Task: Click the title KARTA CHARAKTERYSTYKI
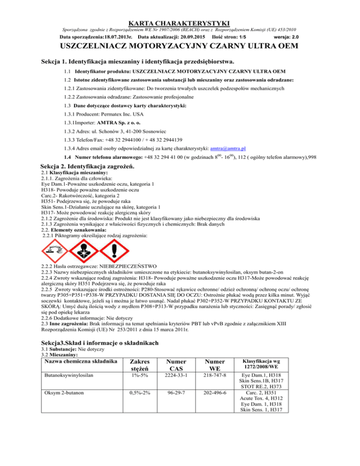[180, 23]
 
